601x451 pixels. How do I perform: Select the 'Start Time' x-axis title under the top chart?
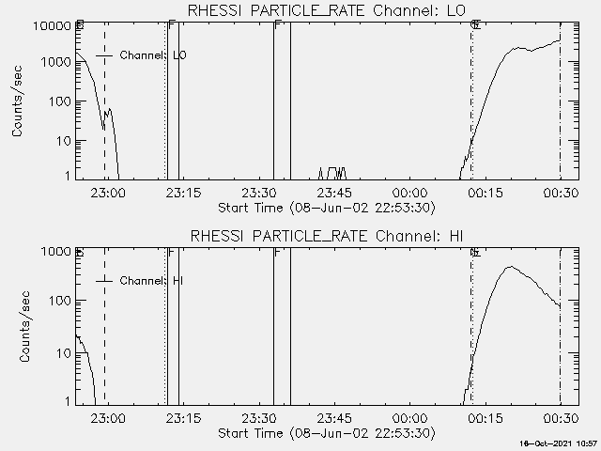pyautogui.click(x=324, y=208)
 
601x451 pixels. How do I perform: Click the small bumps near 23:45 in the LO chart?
pyautogui.click(x=333, y=171)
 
